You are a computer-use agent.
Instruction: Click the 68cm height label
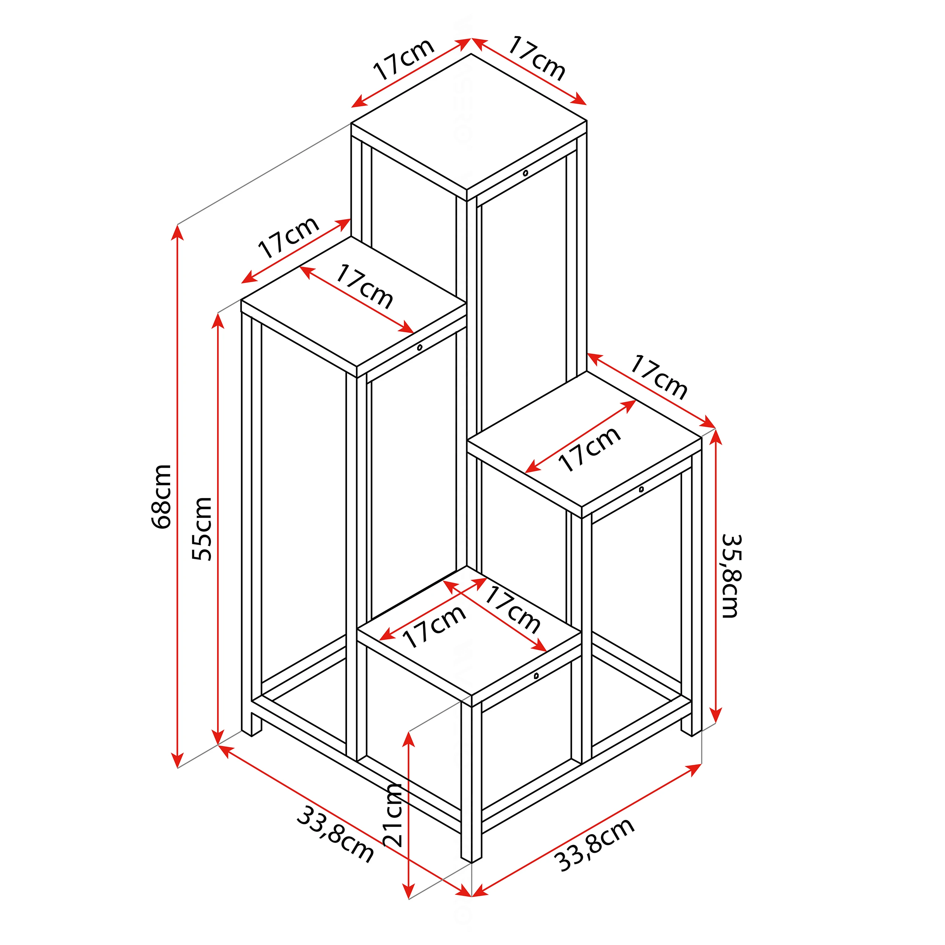[161, 496]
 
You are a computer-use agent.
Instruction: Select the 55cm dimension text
[202, 529]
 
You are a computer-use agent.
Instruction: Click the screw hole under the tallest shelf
[525, 173]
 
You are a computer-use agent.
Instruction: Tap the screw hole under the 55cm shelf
[420, 348]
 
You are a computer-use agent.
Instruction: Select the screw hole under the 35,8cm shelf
[641, 489]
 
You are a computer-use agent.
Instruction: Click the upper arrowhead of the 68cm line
[178, 232]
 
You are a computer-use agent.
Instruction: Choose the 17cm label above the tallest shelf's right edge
[537, 58]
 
